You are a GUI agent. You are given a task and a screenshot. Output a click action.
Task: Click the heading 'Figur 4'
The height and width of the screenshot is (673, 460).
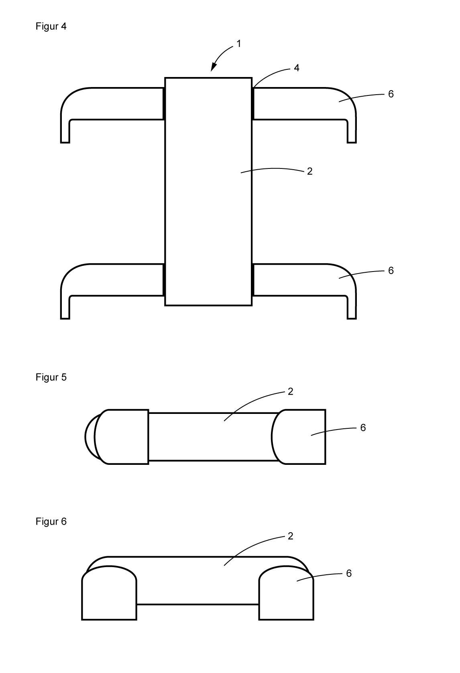point(51,26)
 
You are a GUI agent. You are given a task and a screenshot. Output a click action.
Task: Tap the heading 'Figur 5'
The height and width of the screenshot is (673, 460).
point(51,377)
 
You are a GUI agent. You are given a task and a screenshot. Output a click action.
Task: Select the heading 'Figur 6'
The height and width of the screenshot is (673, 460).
point(51,521)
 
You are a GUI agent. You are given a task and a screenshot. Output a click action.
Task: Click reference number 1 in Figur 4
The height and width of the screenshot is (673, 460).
point(239,44)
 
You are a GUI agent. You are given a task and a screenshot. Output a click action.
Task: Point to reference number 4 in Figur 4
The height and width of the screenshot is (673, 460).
point(297,68)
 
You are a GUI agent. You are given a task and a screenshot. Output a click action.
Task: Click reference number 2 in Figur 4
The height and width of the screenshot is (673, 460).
point(309,171)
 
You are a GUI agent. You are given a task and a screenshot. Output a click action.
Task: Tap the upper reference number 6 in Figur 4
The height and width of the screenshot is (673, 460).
point(391,94)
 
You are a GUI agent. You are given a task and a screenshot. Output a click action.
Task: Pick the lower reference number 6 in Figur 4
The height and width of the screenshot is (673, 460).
point(391,271)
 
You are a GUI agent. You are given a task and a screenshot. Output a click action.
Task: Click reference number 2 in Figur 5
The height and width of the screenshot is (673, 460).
point(291,391)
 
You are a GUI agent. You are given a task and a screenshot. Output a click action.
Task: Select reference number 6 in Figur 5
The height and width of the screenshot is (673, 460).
point(363,428)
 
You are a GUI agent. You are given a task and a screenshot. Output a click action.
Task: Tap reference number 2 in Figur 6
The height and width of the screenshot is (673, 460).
point(291,536)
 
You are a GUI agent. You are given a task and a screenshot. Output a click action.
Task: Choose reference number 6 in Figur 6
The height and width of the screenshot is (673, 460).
point(348,574)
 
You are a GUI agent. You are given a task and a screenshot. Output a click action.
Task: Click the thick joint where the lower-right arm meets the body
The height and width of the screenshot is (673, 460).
point(253,280)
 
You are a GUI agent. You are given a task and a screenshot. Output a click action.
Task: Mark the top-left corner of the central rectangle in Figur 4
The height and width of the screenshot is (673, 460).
point(165,78)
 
